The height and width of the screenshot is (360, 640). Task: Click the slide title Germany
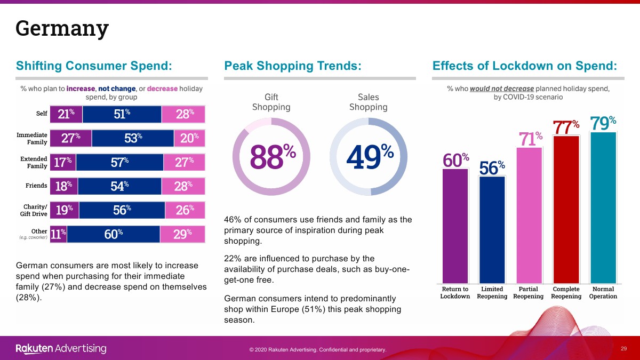coord(62,28)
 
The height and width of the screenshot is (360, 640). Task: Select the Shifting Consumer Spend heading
coord(94,66)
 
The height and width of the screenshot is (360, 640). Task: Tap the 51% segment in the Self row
coord(122,114)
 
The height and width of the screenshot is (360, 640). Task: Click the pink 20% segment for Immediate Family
coord(189,138)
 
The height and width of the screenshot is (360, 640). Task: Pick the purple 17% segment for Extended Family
coord(63,163)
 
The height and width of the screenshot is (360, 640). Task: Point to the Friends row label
coord(36,186)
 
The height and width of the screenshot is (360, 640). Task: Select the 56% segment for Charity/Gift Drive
coord(122,210)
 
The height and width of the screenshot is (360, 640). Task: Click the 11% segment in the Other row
coord(58,234)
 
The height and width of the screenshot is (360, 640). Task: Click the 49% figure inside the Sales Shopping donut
coord(369,156)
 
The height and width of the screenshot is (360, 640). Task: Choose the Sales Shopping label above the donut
coord(368,102)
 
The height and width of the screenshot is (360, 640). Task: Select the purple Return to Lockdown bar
coord(455,226)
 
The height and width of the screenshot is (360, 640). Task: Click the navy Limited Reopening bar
coord(492,230)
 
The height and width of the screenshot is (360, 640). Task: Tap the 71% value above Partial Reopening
coord(530,140)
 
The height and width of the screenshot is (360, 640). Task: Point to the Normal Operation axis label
coord(603,293)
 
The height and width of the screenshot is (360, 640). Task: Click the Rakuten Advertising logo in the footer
coord(61,349)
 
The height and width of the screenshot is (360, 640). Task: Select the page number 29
coord(623,349)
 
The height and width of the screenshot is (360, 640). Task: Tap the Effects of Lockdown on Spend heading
coord(525,66)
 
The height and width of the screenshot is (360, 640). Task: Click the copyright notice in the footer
coord(317,350)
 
